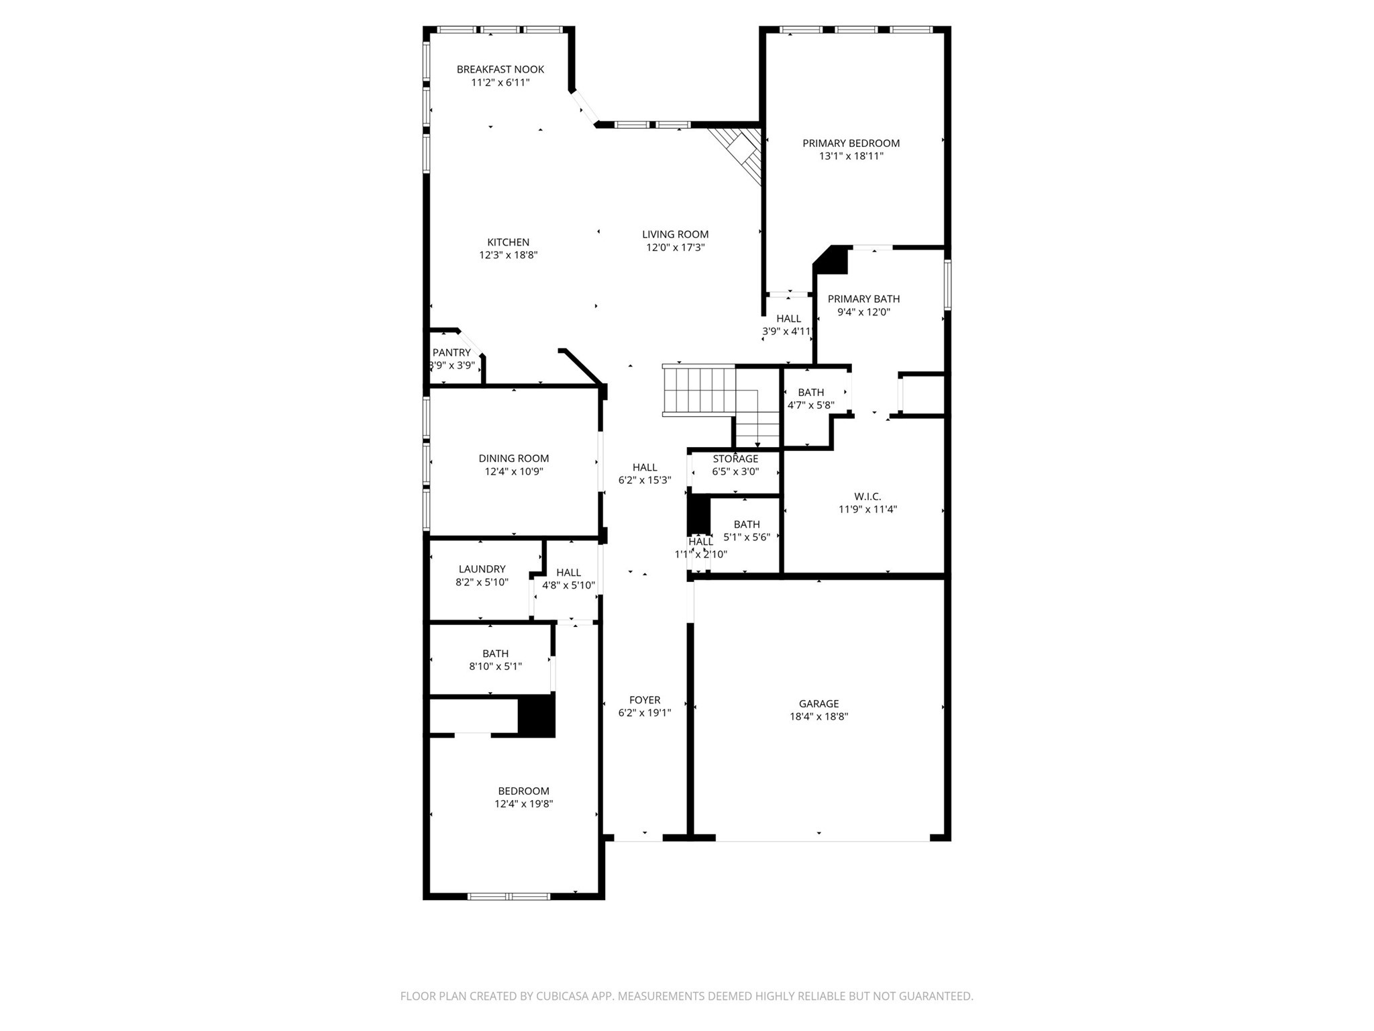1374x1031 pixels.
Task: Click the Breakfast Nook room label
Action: tap(500, 69)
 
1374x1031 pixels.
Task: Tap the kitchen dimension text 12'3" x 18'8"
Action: tap(508, 255)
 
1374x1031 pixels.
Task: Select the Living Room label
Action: tap(675, 234)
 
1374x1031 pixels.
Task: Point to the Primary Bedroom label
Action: tap(851, 143)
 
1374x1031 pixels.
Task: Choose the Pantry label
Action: tap(452, 352)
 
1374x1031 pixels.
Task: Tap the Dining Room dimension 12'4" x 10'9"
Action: tap(513, 472)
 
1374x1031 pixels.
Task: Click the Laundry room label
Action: tap(482, 569)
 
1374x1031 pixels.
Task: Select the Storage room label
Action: tap(735, 458)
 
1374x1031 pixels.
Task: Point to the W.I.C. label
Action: tap(867, 497)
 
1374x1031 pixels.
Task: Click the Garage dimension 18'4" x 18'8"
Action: tap(818, 716)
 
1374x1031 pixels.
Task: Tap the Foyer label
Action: tap(644, 700)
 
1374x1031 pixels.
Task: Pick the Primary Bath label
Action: tap(863, 299)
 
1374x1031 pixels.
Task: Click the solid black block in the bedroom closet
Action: tap(537, 716)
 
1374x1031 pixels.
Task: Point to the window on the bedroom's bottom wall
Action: tap(509, 896)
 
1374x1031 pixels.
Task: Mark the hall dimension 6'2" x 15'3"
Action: tap(644, 480)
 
